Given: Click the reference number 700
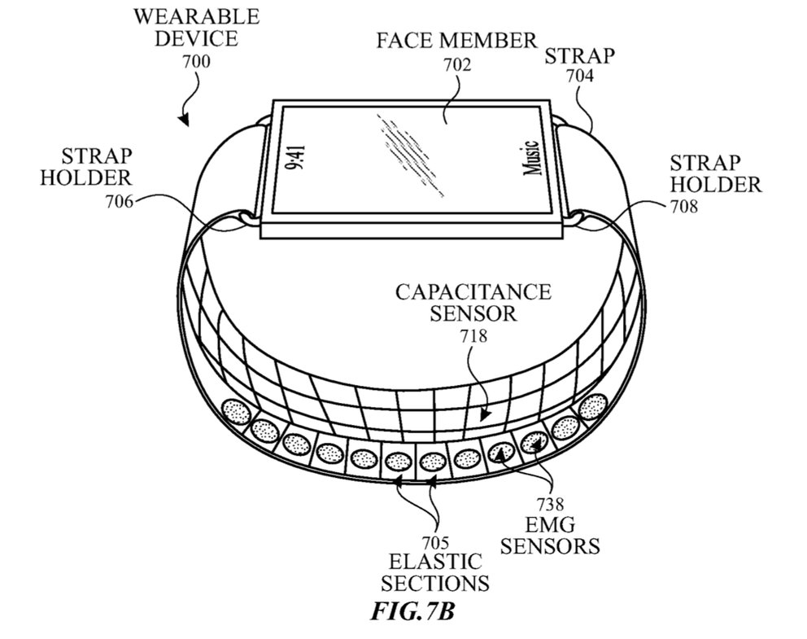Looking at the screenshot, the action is [196, 62].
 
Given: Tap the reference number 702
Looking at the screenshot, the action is [457, 65].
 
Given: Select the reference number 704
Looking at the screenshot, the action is [579, 77].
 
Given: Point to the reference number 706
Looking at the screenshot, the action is [120, 201].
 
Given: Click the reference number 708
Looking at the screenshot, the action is [684, 207].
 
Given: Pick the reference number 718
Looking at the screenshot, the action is [473, 336].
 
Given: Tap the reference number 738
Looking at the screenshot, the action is [550, 504].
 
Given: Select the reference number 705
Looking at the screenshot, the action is [435, 543].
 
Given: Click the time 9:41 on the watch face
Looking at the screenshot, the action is [295, 158].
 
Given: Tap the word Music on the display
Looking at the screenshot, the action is [532, 158].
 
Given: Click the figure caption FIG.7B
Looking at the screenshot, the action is [412, 611].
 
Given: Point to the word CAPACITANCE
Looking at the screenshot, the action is [473, 292].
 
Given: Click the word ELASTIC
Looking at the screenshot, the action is [435, 562].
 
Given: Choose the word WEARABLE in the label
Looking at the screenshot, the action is [197, 17].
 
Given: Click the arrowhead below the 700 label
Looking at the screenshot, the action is [184, 120].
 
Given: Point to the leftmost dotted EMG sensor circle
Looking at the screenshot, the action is [236, 411].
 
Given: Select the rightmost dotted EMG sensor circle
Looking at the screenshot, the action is [593, 407].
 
